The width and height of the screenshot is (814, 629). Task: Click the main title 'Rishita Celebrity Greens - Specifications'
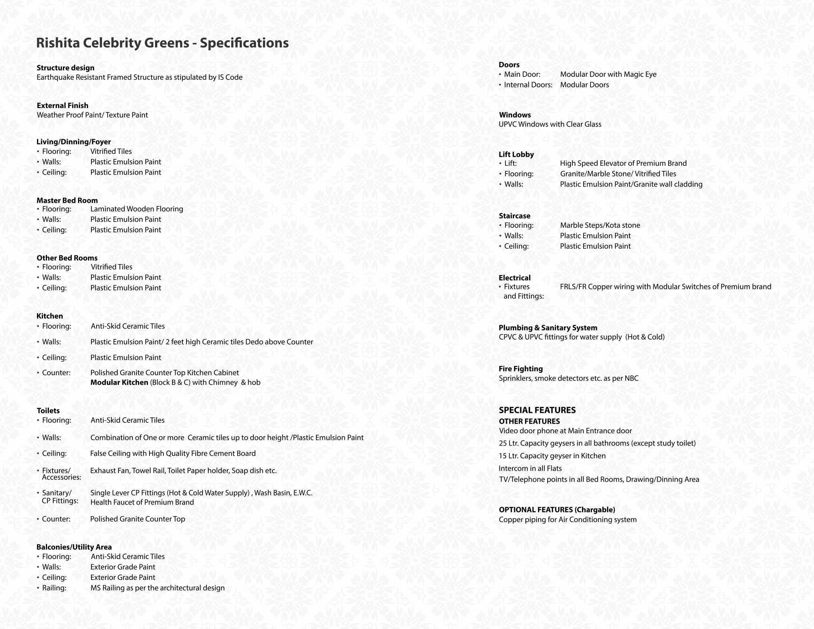162,43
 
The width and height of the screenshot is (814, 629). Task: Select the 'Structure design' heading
65,68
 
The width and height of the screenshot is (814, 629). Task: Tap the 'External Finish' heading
63,105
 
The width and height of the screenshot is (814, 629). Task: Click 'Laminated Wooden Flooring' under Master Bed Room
137,209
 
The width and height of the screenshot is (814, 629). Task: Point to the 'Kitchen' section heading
50,316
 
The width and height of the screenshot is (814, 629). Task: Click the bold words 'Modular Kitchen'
119,382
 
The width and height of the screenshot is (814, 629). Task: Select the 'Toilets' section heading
48,411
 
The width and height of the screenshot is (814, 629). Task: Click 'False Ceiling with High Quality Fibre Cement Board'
173,454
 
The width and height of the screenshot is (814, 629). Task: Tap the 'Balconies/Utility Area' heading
74,547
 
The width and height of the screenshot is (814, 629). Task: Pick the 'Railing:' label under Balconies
54,588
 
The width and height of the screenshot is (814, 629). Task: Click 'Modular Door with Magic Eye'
608,74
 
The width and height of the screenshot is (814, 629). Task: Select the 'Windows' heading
515,115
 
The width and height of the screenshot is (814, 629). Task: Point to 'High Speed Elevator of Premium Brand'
623,163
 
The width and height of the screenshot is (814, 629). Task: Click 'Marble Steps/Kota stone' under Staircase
600,225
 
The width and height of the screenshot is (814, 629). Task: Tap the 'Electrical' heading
514,277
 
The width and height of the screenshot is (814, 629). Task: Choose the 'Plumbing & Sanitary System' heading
548,328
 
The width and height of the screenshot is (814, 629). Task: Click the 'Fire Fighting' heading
521,369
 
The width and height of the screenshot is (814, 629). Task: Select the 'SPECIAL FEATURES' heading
537,410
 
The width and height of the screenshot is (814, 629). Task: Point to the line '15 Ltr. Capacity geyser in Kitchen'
552,456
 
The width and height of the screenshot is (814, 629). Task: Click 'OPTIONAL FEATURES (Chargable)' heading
557,510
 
